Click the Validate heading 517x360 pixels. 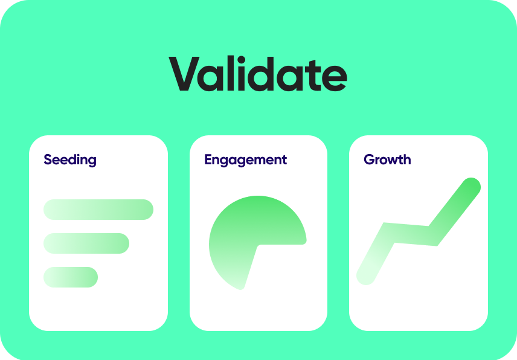(258, 73)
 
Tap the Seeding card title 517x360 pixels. (70, 160)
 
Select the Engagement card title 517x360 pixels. (245, 160)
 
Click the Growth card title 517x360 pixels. (387, 159)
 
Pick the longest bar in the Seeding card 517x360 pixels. (98, 210)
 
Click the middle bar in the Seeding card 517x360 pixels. (86, 243)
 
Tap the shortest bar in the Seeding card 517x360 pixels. (71, 277)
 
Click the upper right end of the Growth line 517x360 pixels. (471, 187)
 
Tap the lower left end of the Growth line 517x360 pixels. (365, 275)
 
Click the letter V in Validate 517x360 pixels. (184, 74)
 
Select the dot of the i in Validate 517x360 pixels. (241, 60)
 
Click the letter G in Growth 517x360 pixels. (370, 159)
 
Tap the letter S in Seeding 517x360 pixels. (48, 159)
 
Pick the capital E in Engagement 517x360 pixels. (208, 159)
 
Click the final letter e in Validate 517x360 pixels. (335, 78)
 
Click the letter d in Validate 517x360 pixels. (263, 74)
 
